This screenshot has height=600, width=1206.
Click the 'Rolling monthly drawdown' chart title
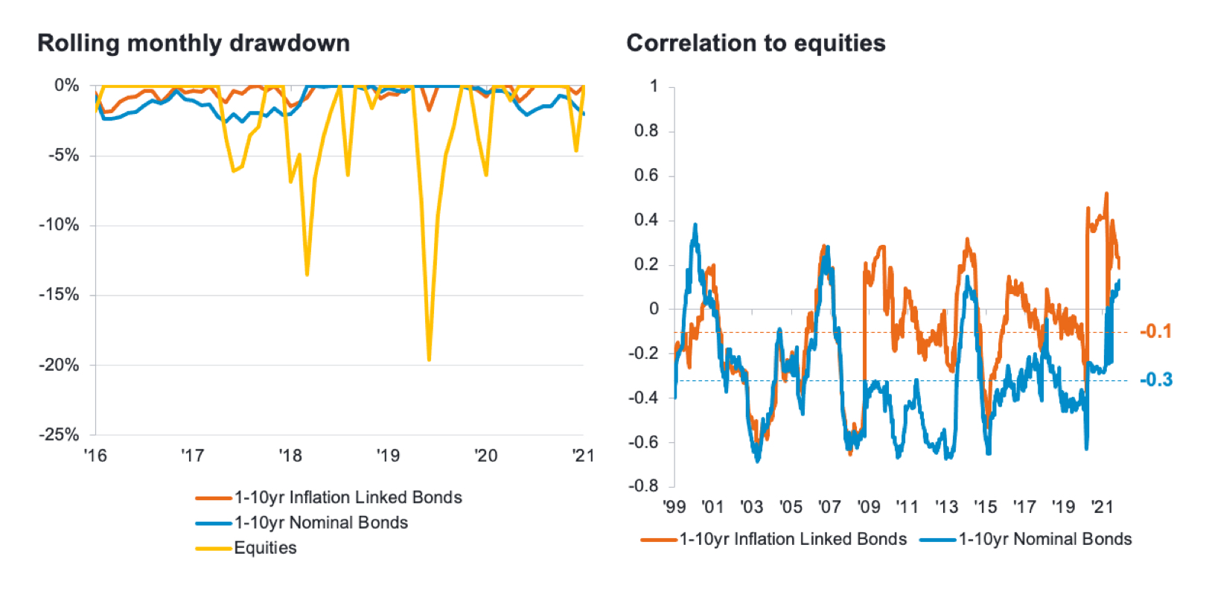click(194, 43)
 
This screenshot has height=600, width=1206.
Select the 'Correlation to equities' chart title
click(756, 43)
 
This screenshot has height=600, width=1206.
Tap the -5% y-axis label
click(63, 156)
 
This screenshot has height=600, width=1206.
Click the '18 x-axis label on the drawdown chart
click(290, 456)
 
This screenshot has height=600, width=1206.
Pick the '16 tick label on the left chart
click(95, 456)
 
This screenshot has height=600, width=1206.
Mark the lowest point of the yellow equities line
click(429, 360)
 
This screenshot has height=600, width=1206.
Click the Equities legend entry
click(265, 548)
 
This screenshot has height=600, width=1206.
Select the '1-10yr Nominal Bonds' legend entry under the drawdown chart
click(321, 523)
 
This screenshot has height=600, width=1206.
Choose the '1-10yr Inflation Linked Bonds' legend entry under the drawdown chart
click(348, 497)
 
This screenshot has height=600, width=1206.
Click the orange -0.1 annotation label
click(1155, 331)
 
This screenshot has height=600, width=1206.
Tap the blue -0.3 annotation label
click(1156, 380)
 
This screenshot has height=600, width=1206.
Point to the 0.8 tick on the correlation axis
click(646, 131)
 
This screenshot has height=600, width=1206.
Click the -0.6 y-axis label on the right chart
click(643, 442)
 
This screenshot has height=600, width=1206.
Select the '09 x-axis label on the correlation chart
click(868, 507)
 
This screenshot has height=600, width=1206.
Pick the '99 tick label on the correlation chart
click(674, 507)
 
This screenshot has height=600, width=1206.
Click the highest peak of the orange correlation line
click(1106, 194)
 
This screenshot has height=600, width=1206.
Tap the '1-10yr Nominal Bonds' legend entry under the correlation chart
click(1044, 539)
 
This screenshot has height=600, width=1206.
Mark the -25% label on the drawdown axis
click(59, 435)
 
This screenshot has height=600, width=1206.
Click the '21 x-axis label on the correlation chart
click(1102, 507)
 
